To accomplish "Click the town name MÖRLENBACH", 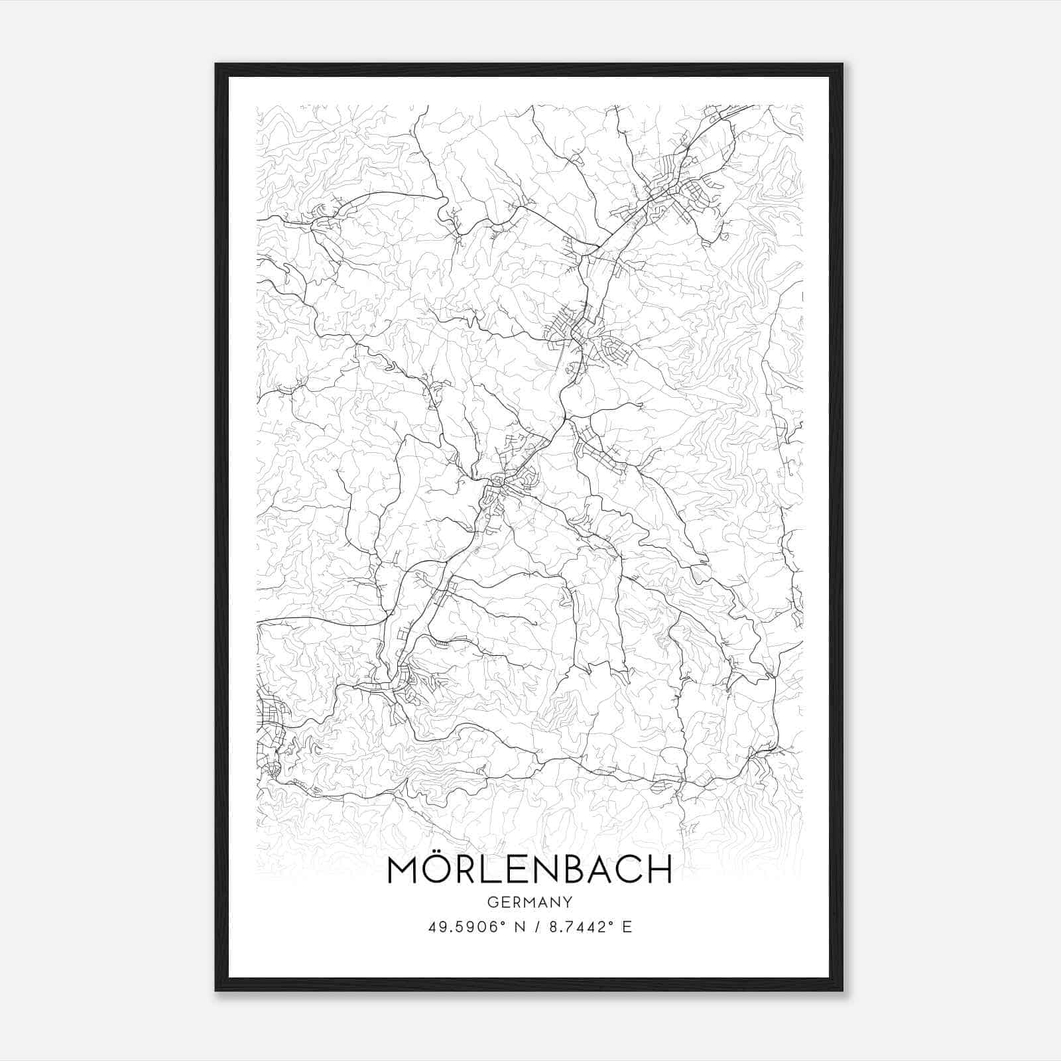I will coord(529,869).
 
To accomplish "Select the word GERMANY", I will coord(529,902).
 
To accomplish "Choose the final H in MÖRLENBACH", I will coord(658,870).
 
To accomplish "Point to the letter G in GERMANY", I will coord(493,902).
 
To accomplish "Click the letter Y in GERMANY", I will coord(568,902).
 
